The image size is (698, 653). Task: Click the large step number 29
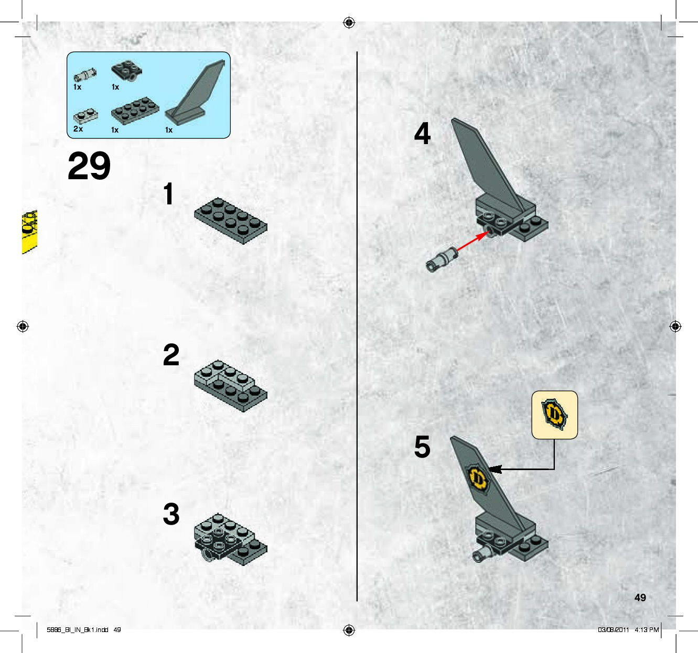coord(89,166)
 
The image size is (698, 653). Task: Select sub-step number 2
coord(171,355)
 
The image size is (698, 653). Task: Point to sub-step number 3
coord(171,514)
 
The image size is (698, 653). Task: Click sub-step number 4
coord(422,133)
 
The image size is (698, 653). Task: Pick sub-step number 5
coord(422,447)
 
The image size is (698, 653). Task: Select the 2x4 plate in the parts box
coord(135,111)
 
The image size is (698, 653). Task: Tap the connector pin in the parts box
coord(85,75)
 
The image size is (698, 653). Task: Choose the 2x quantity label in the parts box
coord(78,129)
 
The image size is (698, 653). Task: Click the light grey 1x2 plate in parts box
coord(85,116)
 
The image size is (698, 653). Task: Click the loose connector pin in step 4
coord(441,259)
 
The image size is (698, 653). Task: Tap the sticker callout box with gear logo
coord(555,415)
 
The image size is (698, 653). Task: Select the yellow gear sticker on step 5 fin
coord(478,478)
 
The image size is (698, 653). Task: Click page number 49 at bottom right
coord(640,597)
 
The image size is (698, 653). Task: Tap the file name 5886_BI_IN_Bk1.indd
coord(78,630)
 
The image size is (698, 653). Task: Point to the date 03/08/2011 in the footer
coord(613,630)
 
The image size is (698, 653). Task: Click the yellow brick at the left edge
coord(29,232)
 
